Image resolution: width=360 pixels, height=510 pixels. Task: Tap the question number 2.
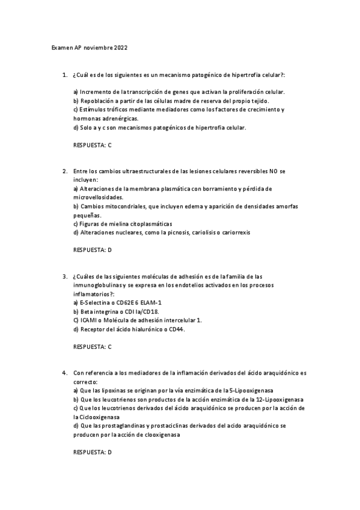coord(64,171)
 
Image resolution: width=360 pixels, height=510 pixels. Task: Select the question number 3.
coord(64,277)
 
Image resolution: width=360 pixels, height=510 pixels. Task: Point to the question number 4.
coord(64,373)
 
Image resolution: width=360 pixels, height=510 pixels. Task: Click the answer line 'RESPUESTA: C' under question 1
coord(92,145)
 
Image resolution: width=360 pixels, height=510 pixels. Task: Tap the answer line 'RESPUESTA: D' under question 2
coord(92,250)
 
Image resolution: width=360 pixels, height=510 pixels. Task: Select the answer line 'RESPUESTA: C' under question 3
coord(92,347)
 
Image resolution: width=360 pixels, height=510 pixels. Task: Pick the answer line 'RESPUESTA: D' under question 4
coord(92,452)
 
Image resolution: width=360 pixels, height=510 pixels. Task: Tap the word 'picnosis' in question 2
coord(180,232)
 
